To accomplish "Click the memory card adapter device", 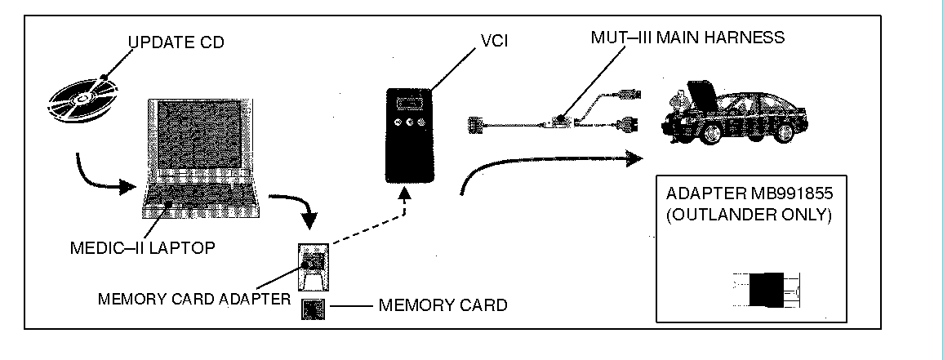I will tap(313, 265).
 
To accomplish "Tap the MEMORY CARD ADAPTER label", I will tap(193, 299).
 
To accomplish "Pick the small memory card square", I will tap(313, 310).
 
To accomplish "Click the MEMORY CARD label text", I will tap(443, 305).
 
